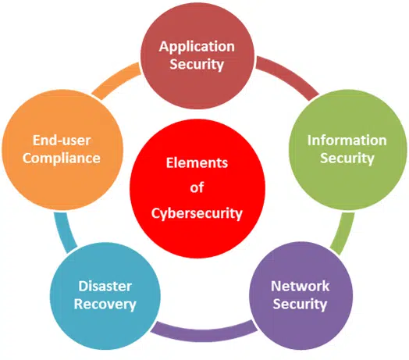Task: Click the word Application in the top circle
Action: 197,48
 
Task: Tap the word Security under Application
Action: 197,64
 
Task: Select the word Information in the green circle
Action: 347,141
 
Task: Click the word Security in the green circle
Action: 347,159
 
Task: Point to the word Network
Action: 301,286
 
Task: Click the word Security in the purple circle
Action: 300,304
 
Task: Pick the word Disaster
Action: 105,286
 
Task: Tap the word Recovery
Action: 105,305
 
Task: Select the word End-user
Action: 62,141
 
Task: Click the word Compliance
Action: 62,159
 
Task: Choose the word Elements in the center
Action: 197,163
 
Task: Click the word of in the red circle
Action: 197,187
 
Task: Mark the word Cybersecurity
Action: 197,213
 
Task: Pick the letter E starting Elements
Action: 170,163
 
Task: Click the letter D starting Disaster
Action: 84,286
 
